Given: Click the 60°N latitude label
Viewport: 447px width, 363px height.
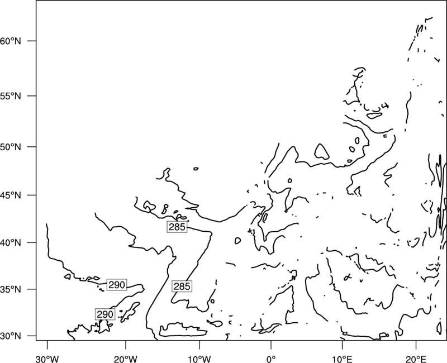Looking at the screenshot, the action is pyautogui.click(x=11, y=41).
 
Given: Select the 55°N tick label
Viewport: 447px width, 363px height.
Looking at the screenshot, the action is pyautogui.click(x=11, y=96).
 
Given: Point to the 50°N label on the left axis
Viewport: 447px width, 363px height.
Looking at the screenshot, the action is pyautogui.click(x=11, y=147).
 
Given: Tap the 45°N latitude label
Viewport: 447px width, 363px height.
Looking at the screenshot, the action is pyautogui.click(x=11, y=195).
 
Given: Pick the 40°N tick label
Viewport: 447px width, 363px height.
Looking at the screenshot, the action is pyautogui.click(x=11, y=243).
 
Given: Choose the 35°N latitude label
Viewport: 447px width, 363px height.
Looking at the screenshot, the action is pyautogui.click(x=11, y=289).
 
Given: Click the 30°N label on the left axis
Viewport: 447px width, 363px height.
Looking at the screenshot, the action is pyautogui.click(x=11, y=336).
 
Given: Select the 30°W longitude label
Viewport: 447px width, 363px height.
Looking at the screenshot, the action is pyautogui.click(x=47, y=359).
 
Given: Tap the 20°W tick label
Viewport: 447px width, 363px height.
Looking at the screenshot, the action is pyautogui.click(x=125, y=359).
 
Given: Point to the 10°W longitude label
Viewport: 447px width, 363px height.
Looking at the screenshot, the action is pyautogui.click(x=199, y=359).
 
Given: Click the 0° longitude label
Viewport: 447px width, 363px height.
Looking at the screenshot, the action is pyautogui.click(x=271, y=359).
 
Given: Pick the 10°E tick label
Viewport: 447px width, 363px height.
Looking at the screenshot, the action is pyautogui.click(x=342, y=359).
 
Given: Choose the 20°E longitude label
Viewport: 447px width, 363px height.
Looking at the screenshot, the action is pyautogui.click(x=416, y=359).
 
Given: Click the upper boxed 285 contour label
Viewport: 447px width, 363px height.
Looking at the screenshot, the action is pyautogui.click(x=177, y=227).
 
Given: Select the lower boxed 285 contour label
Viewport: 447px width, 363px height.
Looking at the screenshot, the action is pyautogui.click(x=182, y=286).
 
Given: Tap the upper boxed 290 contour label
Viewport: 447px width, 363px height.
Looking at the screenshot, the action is pyautogui.click(x=117, y=285).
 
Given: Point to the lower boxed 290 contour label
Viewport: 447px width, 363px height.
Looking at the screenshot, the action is pyautogui.click(x=105, y=314).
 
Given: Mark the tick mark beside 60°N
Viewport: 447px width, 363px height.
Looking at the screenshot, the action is pyautogui.click(x=32, y=41).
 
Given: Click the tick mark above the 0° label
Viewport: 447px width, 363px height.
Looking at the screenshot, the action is pyautogui.click(x=271, y=344).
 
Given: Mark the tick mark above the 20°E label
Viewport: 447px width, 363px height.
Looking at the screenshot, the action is pyautogui.click(x=416, y=344).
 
